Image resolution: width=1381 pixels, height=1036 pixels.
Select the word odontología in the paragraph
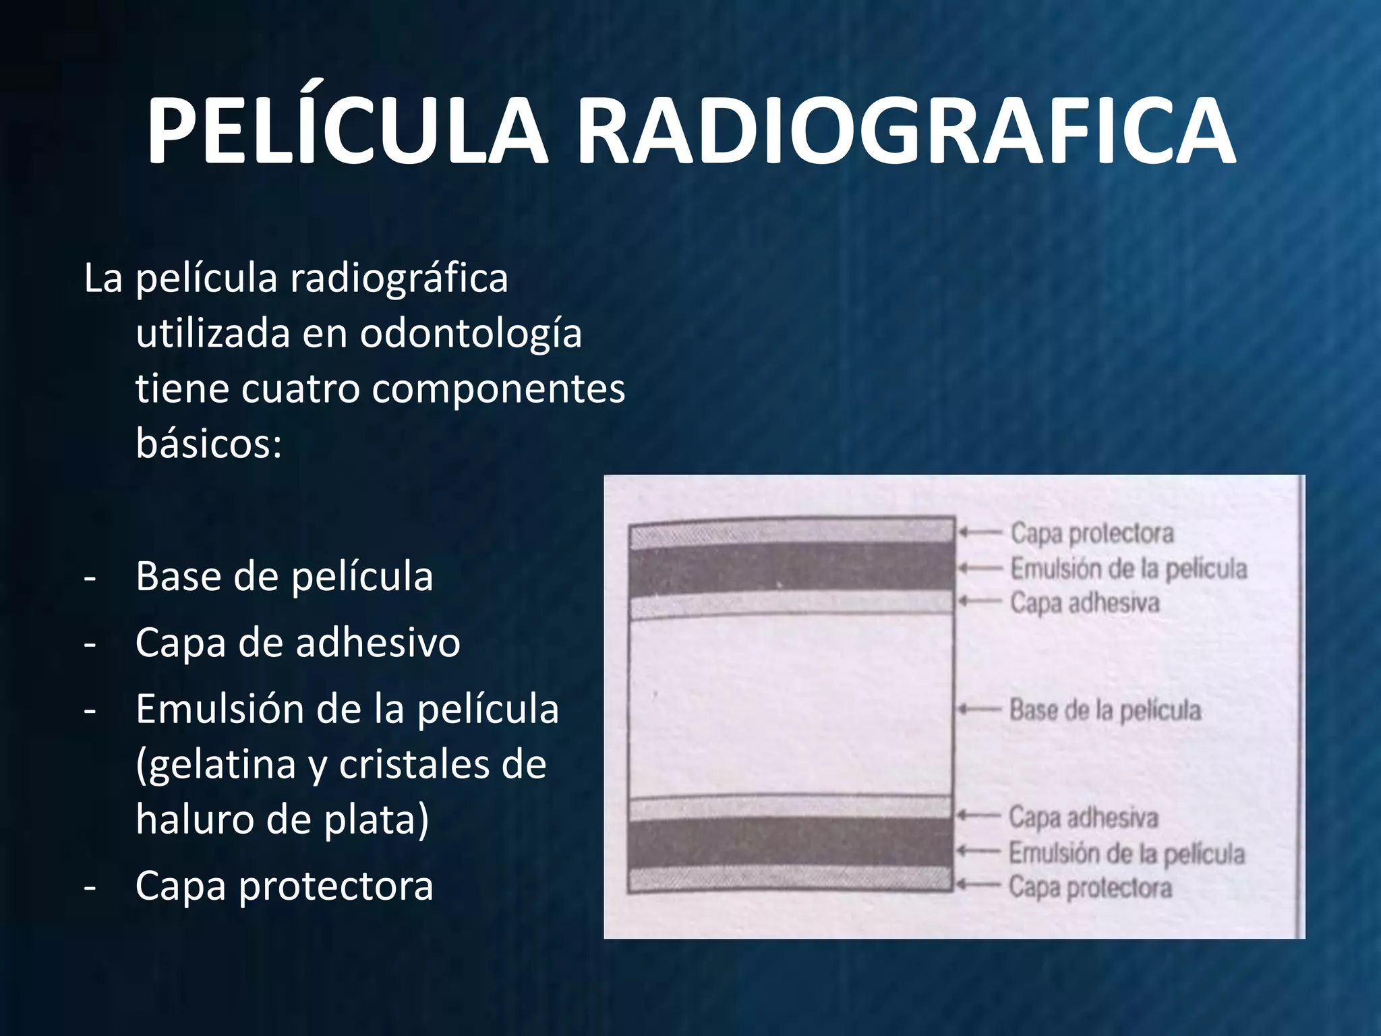[x=471, y=333]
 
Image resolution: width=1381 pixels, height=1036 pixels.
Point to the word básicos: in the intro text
[x=208, y=443]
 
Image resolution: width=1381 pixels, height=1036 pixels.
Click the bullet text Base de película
[x=284, y=577]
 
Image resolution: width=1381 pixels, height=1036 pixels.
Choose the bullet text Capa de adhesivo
[x=297, y=642]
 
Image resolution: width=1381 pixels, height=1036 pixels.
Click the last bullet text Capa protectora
[x=284, y=886]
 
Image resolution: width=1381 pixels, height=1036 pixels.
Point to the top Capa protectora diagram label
[x=1092, y=534]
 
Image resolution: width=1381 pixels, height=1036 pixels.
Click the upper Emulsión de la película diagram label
[x=1128, y=569]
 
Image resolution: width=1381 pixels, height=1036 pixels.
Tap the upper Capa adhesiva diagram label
[x=1084, y=603]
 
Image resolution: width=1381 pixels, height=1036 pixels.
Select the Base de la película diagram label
[x=1105, y=710]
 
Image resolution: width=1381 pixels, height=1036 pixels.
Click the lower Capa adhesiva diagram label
[x=1083, y=817]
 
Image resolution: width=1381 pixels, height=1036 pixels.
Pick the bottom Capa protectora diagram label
[x=1090, y=888]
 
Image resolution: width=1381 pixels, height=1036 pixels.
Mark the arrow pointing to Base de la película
[x=979, y=710]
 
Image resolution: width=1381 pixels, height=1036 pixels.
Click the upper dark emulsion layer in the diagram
[x=791, y=569]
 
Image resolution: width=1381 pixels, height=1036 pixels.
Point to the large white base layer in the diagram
[x=790, y=707]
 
